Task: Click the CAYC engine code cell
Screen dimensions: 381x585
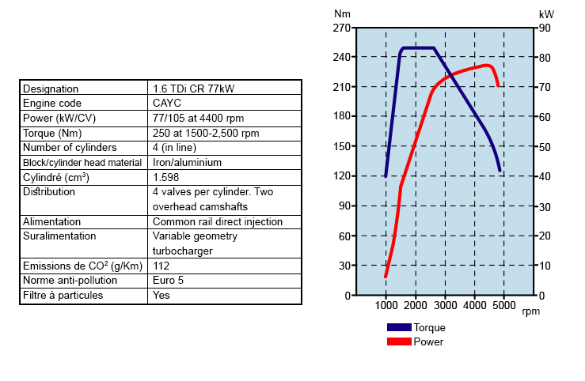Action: click(167, 104)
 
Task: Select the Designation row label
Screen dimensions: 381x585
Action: click(51, 89)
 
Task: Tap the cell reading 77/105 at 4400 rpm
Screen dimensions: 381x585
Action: click(198, 118)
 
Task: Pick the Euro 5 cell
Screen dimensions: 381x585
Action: click(168, 281)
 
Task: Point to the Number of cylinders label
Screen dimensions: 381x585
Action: click(70, 148)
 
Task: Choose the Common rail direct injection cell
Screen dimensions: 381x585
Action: click(217, 221)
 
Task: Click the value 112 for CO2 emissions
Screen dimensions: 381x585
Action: click(161, 266)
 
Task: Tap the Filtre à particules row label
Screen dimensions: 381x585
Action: click(63, 296)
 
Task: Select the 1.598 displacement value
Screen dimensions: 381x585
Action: click(165, 177)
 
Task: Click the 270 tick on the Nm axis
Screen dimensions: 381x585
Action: click(342, 28)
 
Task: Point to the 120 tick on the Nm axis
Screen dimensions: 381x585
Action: click(342, 176)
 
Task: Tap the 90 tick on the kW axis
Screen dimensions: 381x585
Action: click(545, 28)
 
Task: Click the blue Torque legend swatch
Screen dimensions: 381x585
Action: click(399, 327)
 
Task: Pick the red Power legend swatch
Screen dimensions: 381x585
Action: click(399, 341)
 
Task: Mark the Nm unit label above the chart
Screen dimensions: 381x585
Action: click(342, 13)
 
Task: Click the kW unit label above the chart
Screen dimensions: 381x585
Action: click(546, 14)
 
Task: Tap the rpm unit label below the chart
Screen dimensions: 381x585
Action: click(530, 311)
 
